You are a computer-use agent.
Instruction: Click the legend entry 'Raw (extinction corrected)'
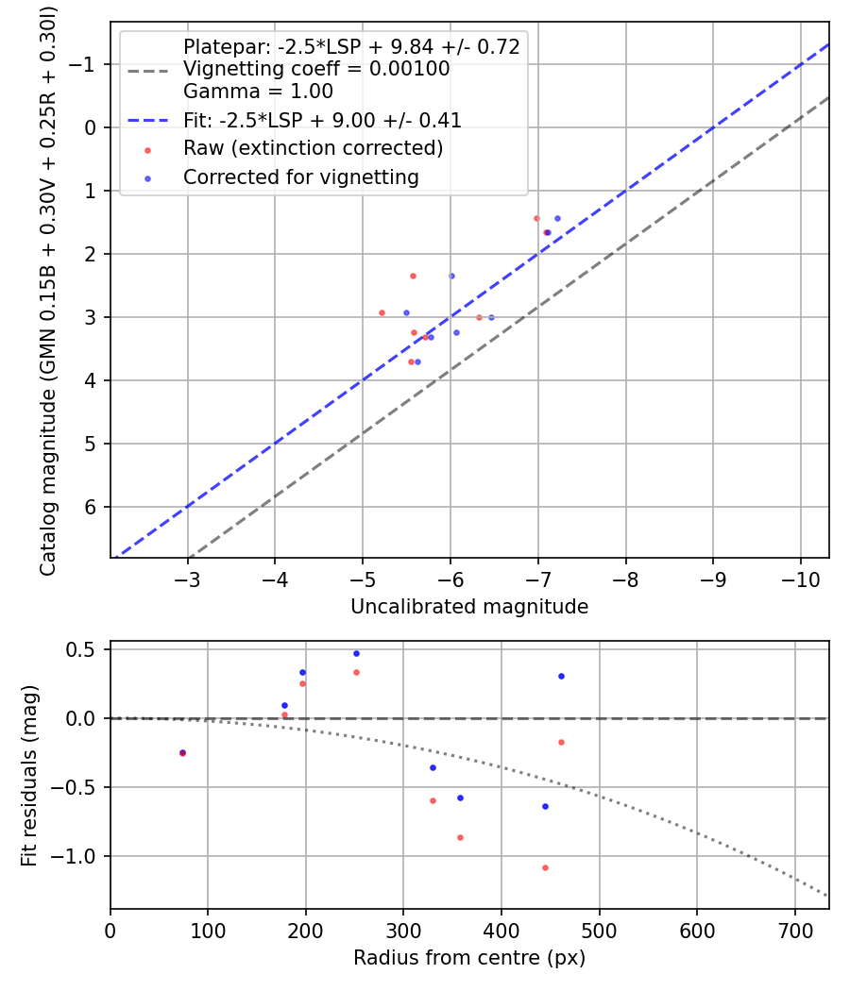(313, 148)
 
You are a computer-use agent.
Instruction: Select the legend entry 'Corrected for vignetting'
(300, 176)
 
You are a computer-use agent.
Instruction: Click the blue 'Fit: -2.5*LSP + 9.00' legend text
(322, 120)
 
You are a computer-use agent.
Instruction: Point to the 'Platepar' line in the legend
(351, 47)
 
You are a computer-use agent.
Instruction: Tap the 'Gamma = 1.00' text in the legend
(258, 92)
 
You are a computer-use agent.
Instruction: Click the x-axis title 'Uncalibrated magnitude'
(469, 607)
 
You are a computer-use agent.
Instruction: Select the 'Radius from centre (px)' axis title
(469, 958)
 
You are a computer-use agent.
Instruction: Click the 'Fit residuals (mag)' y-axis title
(29, 775)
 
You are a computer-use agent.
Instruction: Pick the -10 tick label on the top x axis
(800, 578)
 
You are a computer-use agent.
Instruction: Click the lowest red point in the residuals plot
(545, 867)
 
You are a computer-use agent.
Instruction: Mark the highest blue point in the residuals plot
(356, 653)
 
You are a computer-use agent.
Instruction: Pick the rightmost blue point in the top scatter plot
(557, 218)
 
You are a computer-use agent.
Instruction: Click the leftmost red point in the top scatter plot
(382, 312)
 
